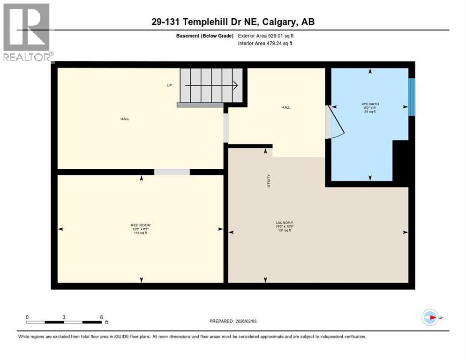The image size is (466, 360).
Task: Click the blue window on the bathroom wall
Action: pyautogui.click(x=411, y=97)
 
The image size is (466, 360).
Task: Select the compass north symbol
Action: pyautogui.click(x=429, y=318)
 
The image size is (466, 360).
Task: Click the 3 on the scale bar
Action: pyautogui.click(x=63, y=317)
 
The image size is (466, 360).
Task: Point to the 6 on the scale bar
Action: pyautogui.click(x=101, y=317)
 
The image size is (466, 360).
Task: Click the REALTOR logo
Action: pyautogui.click(x=27, y=33)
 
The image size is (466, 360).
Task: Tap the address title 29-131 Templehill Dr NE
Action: pyautogui.click(x=233, y=22)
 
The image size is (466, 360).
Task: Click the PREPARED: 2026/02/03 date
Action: pyautogui.click(x=233, y=321)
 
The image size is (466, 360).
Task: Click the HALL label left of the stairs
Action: pyautogui.click(x=125, y=119)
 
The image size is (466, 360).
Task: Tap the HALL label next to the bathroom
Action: pyautogui.click(x=286, y=107)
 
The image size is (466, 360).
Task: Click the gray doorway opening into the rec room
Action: pyautogui.click(x=172, y=172)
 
